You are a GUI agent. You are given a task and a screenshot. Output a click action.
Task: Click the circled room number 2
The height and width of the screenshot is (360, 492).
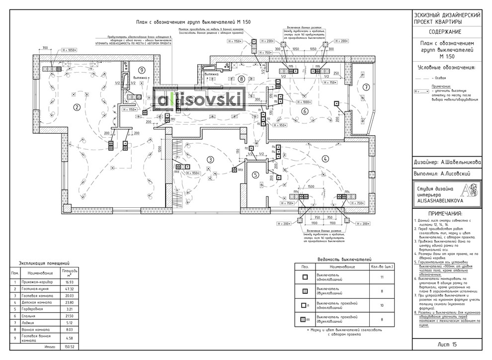(77, 106)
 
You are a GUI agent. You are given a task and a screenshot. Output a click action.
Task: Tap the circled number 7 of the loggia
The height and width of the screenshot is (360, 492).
(366, 87)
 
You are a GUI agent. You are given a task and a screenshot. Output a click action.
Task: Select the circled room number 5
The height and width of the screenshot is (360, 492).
(255, 175)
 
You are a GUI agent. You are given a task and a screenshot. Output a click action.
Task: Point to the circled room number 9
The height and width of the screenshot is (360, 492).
(142, 70)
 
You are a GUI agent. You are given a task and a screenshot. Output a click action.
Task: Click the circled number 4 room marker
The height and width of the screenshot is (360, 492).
(326, 159)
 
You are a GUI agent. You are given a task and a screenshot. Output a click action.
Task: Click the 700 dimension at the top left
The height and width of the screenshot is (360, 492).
(45, 48)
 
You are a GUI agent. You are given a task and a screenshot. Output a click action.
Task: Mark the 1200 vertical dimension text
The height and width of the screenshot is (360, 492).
(160, 152)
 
